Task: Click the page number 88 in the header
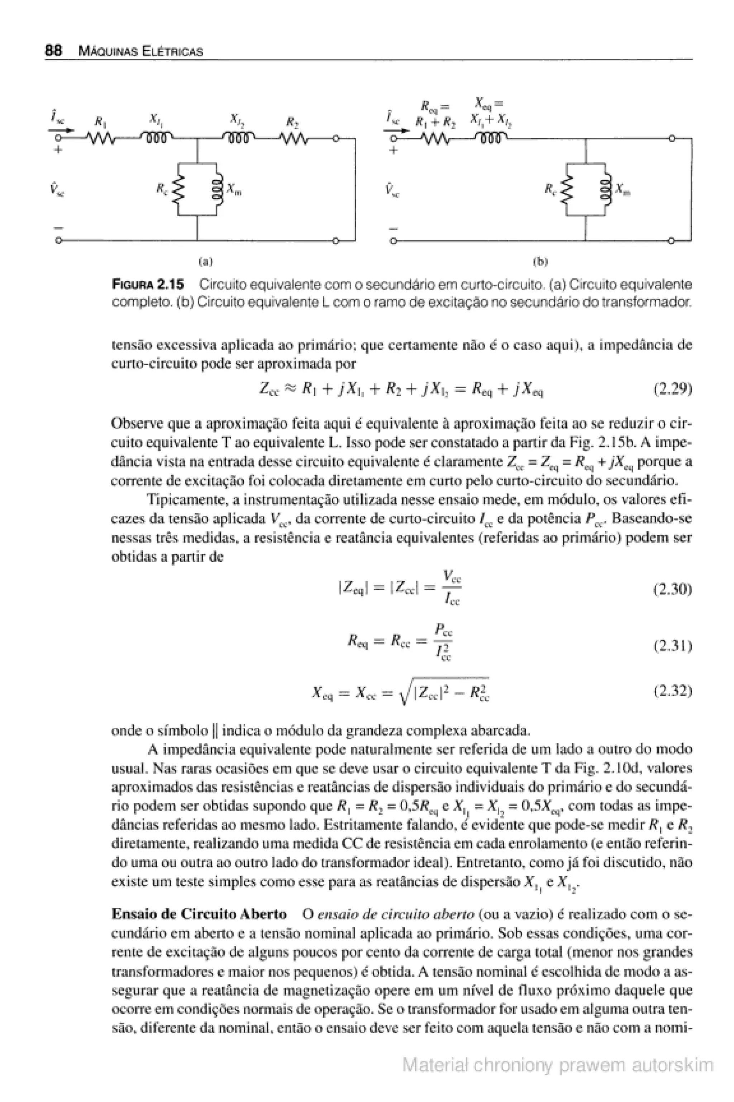(53, 51)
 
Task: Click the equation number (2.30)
(672, 589)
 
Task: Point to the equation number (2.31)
(672, 646)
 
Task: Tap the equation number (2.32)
(672, 691)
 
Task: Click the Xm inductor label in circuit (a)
(234, 190)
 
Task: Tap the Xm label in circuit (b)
(623, 190)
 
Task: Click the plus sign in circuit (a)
(58, 151)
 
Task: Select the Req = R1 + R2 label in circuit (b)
(435, 114)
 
